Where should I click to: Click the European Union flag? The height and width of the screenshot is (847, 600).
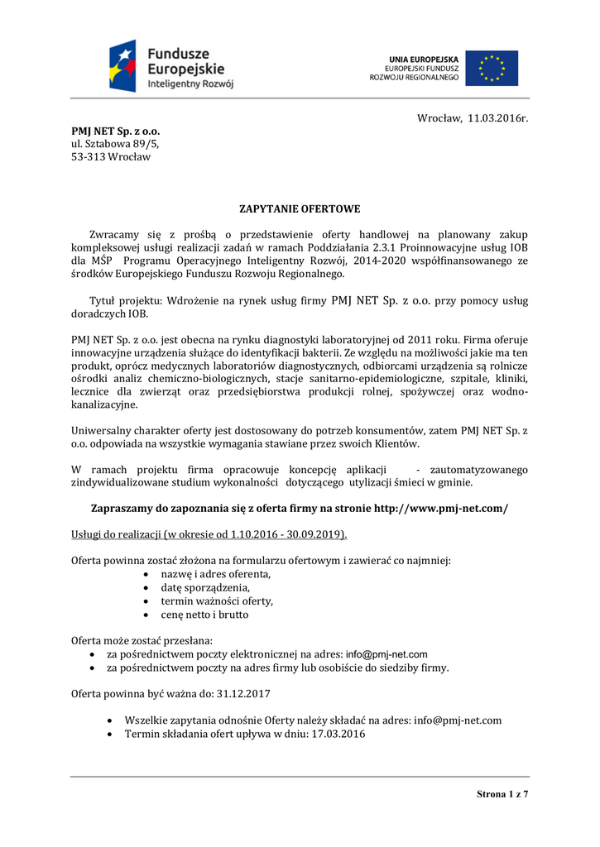click(491, 68)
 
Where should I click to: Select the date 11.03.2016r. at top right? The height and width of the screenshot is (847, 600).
click(497, 119)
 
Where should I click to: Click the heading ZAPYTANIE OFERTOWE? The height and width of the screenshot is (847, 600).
click(300, 208)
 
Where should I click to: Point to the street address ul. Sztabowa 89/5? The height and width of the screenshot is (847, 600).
click(115, 144)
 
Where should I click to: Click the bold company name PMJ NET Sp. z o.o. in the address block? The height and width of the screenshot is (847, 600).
click(116, 131)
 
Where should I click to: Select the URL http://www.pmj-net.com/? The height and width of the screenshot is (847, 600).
click(441, 508)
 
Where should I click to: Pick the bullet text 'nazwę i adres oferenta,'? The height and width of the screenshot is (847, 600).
click(216, 574)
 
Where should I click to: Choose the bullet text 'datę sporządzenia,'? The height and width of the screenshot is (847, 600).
click(205, 587)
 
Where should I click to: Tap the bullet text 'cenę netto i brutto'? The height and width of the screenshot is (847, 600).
click(204, 615)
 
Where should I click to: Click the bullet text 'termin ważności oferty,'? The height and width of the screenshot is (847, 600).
click(217, 601)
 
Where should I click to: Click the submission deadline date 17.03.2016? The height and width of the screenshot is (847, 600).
click(337, 734)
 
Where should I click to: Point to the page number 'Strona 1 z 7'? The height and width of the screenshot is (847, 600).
click(502, 794)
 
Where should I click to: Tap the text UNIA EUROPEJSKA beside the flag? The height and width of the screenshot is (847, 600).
click(424, 59)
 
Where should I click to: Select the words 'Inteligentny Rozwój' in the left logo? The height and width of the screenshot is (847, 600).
click(190, 84)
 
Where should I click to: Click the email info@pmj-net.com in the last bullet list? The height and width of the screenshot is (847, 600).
click(458, 720)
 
